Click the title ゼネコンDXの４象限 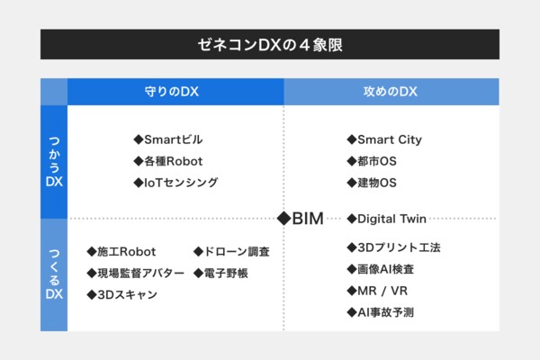coord(270,45)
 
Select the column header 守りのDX coord(172,92)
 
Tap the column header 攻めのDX coord(391,92)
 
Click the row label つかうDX coord(54,162)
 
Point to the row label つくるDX coord(54,274)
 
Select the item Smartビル coord(168,139)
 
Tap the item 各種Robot coord(168,161)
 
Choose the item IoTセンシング coord(175,183)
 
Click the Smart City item coord(384,139)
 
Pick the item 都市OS coord(372,161)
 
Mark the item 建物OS coord(372,183)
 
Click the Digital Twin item coord(386,219)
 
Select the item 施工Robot coord(121,252)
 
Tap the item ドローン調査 coord(231,252)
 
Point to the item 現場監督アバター coord(135,274)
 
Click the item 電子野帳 coord(220,274)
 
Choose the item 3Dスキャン coord(121,294)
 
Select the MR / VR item coord(377,291)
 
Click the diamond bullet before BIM coord(283,219)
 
